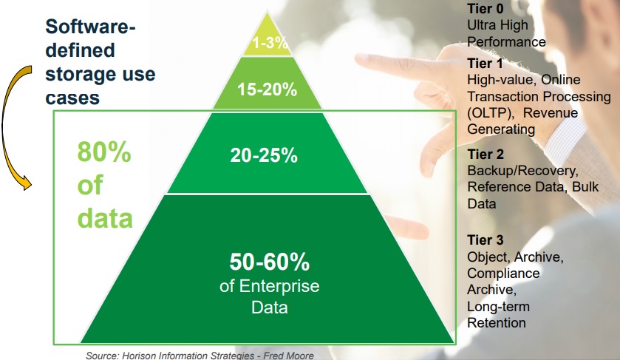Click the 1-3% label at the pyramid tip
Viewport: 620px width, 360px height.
[x=270, y=42]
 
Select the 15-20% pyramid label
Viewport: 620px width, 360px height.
[x=267, y=89]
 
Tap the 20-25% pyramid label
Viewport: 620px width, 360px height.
[x=264, y=155]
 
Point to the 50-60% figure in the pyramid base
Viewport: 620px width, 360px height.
[x=269, y=262]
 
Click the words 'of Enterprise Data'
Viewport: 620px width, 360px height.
[x=269, y=296]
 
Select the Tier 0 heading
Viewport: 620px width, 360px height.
[x=486, y=8]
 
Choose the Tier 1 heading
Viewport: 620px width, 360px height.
[x=486, y=64]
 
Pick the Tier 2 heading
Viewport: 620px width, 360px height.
[x=486, y=154]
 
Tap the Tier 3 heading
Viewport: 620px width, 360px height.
[x=486, y=240]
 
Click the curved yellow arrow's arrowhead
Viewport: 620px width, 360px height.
[x=26, y=183]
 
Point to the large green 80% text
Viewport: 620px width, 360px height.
[x=104, y=152]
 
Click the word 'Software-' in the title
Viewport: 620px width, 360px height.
[x=91, y=27]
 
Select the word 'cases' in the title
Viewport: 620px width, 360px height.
[x=72, y=98]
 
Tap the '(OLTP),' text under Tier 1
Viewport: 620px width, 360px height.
[x=491, y=113]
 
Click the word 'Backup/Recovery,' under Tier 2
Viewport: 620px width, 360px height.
[x=522, y=171]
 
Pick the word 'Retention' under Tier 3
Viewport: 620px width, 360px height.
[x=497, y=323]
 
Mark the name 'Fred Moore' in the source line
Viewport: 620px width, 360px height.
[x=289, y=356]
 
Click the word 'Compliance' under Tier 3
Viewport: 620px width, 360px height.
[x=503, y=274]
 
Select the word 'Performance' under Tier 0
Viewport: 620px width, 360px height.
[x=506, y=42]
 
